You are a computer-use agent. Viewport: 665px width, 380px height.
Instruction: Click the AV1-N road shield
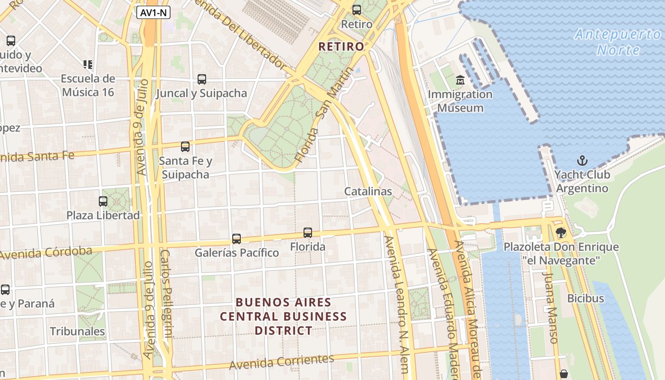click(153, 13)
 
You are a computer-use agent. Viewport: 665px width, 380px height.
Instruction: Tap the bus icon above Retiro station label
click(356, 9)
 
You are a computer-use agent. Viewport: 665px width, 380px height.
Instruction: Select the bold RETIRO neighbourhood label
click(341, 47)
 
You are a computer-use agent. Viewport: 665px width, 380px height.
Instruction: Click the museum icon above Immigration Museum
click(460, 80)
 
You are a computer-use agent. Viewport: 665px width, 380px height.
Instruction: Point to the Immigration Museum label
click(460, 101)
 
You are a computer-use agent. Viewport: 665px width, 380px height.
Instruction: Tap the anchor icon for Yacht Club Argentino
click(582, 161)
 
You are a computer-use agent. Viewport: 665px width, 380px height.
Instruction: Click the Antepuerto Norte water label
click(617, 42)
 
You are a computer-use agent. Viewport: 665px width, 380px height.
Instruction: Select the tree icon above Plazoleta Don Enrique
click(561, 233)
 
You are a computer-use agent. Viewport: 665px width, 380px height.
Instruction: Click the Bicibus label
click(585, 298)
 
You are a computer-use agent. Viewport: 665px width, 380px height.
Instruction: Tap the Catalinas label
click(368, 191)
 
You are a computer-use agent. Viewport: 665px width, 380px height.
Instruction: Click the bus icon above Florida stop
click(308, 233)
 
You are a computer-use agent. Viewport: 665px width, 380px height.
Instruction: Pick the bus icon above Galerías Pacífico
click(237, 238)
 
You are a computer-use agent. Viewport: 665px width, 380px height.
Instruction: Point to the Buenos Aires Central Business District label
click(283, 316)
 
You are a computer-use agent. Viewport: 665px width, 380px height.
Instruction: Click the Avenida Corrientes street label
click(281, 362)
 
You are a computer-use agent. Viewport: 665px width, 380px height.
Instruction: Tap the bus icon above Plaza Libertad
click(103, 201)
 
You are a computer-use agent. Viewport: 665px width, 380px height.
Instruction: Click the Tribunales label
click(77, 331)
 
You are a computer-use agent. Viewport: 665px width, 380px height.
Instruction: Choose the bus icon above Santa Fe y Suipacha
click(185, 147)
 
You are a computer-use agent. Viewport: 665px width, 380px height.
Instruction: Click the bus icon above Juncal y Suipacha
click(202, 79)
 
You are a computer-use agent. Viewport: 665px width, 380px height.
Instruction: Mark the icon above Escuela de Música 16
click(88, 64)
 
